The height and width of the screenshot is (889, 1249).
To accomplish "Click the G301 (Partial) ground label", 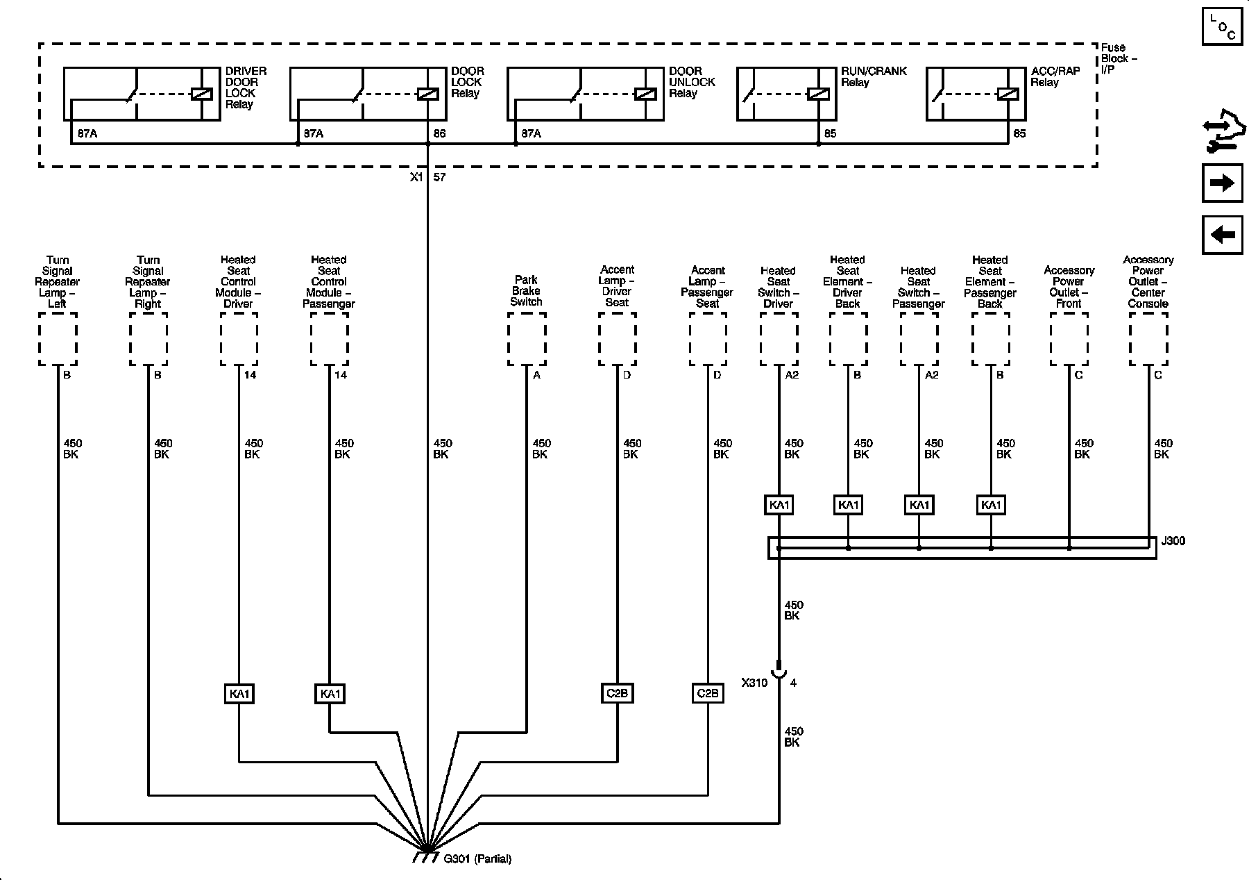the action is (x=477, y=859).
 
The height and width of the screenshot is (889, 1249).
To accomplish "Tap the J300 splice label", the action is (x=1173, y=540).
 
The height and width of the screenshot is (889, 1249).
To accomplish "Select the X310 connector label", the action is (x=754, y=683).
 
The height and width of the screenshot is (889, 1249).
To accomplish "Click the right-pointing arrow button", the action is (x=1222, y=183).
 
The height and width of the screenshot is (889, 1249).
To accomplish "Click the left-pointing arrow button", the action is (x=1222, y=235).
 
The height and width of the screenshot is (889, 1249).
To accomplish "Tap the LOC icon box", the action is (x=1222, y=26).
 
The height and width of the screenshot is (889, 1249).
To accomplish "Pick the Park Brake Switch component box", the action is (x=527, y=339).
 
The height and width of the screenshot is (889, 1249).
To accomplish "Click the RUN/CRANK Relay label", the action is (x=874, y=76).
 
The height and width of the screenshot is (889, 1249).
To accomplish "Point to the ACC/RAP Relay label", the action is (x=1054, y=76).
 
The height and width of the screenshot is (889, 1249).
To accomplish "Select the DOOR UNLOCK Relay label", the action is (x=692, y=82).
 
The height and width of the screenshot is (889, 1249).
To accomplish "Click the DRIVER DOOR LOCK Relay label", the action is (x=246, y=88).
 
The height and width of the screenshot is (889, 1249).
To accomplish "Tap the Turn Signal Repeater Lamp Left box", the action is (x=58, y=339).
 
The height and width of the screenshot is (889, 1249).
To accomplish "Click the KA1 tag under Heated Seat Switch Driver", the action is (x=779, y=505).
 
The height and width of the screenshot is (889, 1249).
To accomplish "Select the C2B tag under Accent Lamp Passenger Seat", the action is (x=708, y=693).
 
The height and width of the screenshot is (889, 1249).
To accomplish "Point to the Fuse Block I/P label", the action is (x=1119, y=59).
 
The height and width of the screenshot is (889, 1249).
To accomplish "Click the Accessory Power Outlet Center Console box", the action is (x=1148, y=339).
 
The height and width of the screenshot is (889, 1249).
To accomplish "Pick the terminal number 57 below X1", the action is (x=439, y=177).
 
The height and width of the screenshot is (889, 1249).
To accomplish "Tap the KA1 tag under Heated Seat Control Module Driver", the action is (x=239, y=694).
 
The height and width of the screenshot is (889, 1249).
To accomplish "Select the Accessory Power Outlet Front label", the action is (x=1069, y=287).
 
